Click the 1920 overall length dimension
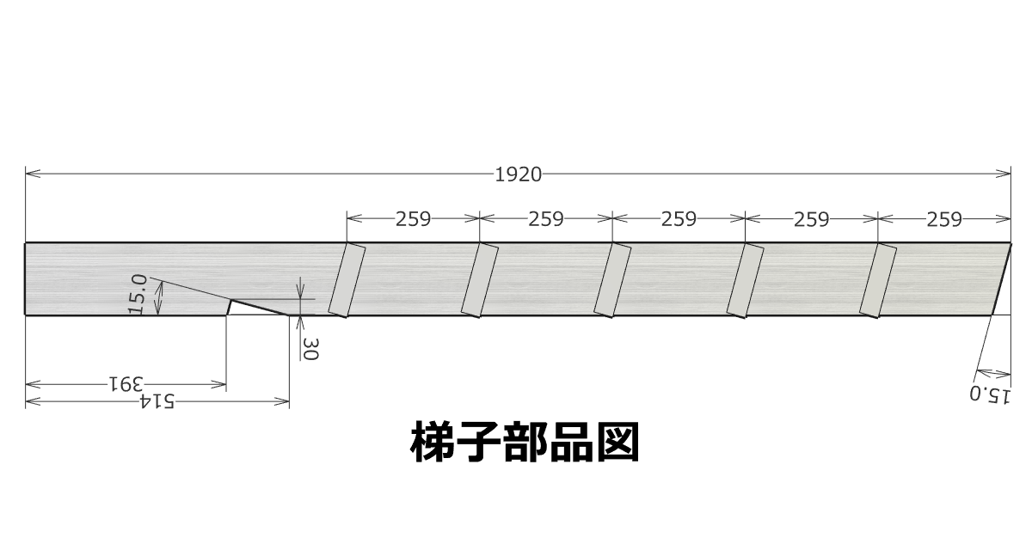[x=518, y=175]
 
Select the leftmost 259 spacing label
[x=414, y=219]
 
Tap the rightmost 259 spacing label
[x=944, y=219]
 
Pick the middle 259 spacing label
[x=679, y=219]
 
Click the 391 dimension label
[x=126, y=383]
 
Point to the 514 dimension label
[x=157, y=400]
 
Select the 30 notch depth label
[x=310, y=349]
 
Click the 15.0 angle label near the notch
[x=138, y=294]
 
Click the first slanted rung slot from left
[x=347, y=280]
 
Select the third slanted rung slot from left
[x=612, y=280]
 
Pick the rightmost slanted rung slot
[x=878, y=280]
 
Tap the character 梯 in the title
[x=432, y=441]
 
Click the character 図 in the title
[x=617, y=441]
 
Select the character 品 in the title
[x=571, y=441]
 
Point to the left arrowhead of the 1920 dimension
[x=33, y=174]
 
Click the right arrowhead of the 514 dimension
[x=281, y=402]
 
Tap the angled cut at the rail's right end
[x=1002, y=279]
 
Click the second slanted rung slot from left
[x=480, y=280]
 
